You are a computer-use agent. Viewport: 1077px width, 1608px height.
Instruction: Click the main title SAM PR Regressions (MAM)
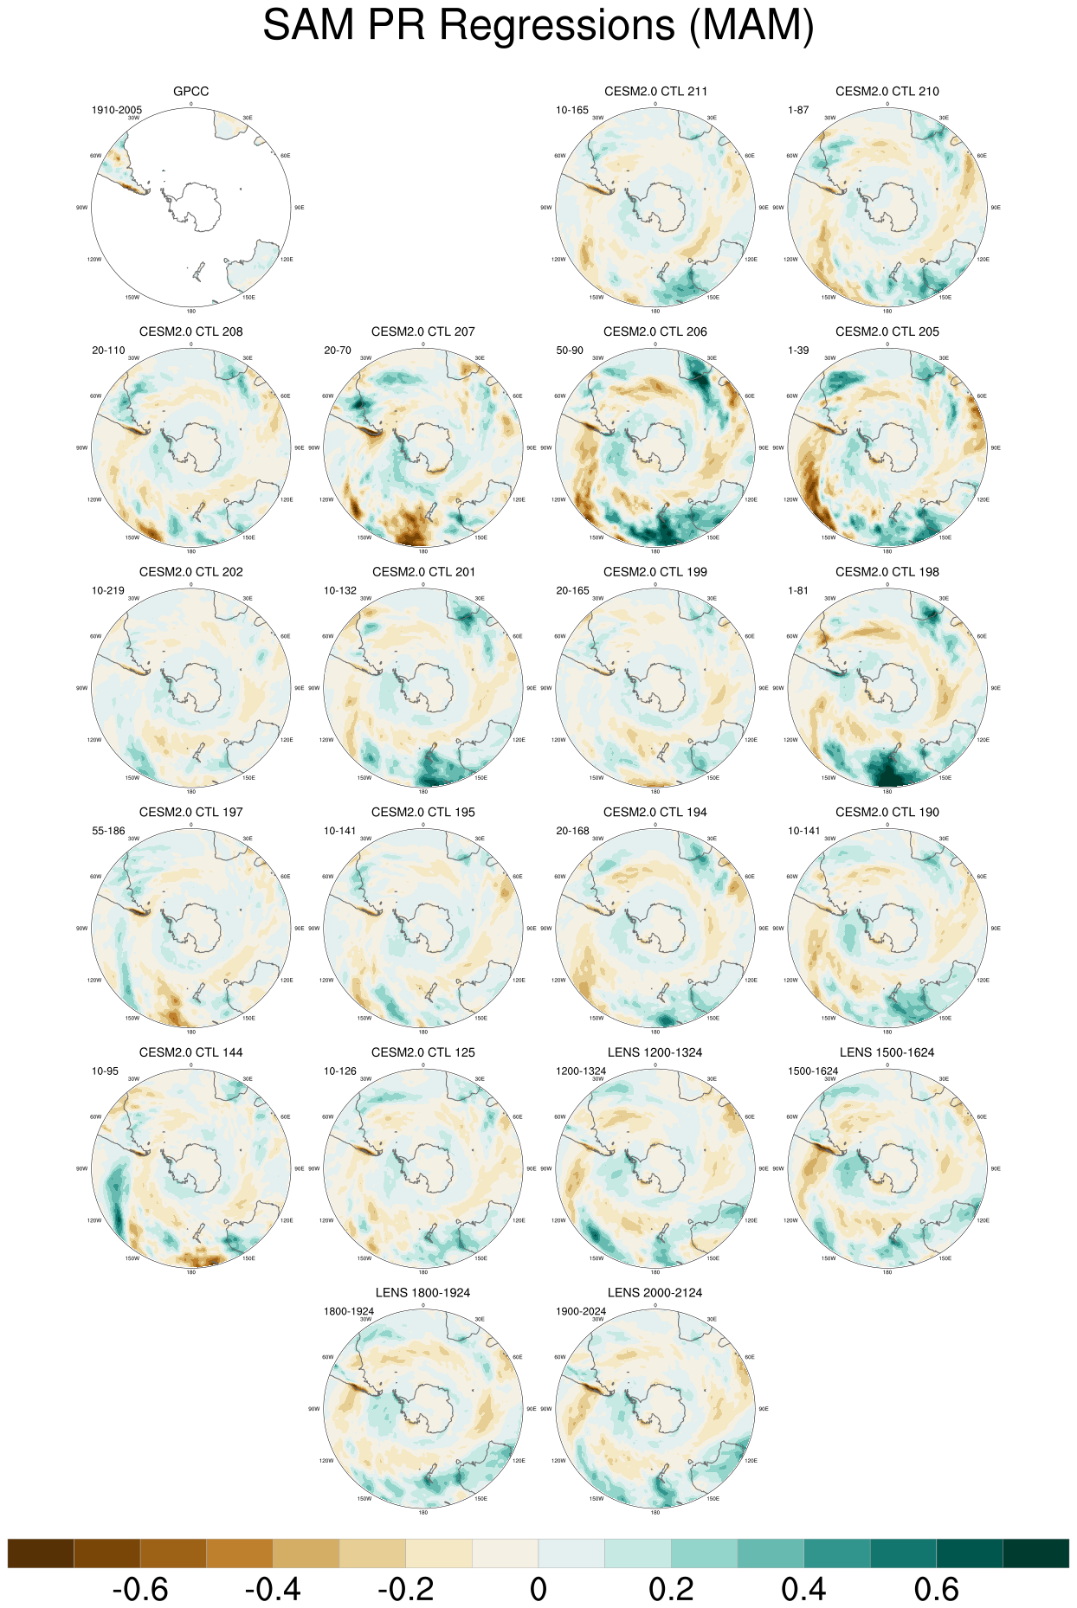click(x=538, y=26)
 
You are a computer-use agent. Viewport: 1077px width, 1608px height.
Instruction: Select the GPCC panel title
click(x=190, y=91)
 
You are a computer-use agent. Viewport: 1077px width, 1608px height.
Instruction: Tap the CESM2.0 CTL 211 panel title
click(x=655, y=91)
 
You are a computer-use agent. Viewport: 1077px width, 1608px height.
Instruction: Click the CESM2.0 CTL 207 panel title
click(x=422, y=331)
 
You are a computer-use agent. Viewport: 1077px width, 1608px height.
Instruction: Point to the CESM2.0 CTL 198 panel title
click(x=887, y=572)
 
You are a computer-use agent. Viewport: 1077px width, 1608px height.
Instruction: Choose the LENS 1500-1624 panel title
click(x=887, y=1052)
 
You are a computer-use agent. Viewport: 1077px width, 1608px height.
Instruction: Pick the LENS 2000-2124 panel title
click(x=655, y=1293)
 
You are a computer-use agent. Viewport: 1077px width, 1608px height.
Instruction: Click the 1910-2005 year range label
click(x=117, y=110)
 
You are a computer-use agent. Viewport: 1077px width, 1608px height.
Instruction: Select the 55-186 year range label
click(x=108, y=831)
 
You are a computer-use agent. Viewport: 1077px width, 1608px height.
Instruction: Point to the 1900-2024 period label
click(x=581, y=1311)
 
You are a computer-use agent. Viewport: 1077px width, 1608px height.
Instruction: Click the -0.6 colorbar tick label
click(x=140, y=1590)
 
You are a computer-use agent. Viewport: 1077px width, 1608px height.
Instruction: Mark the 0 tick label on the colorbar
click(x=538, y=1590)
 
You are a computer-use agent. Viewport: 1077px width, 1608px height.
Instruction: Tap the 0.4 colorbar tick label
click(x=803, y=1590)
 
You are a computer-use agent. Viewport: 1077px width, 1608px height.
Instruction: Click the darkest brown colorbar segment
click(x=41, y=1553)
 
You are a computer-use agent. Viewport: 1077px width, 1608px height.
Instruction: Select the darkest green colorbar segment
click(x=1035, y=1553)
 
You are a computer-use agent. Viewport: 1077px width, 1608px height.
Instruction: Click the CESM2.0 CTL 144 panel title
click(x=190, y=1052)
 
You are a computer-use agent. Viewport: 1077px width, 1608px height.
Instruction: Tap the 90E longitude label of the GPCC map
click(x=300, y=208)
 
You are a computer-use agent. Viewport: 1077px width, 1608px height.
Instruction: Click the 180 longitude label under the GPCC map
click(x=190, y=311)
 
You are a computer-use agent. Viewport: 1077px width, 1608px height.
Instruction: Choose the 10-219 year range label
click(x=108, y=591)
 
